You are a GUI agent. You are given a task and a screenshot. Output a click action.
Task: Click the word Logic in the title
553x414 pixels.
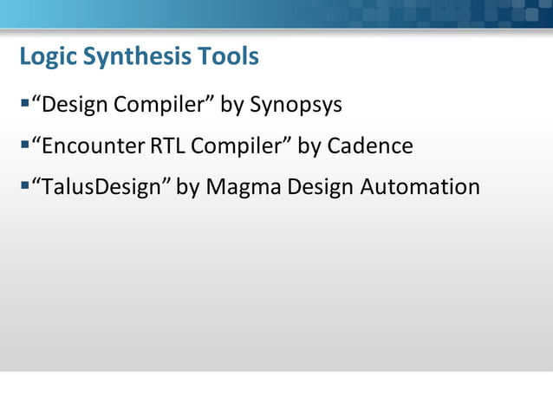pyautogui.click(x=49, y=57)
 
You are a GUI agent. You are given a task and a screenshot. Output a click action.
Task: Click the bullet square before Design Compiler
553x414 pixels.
pyautogui.click(x=23, y=104)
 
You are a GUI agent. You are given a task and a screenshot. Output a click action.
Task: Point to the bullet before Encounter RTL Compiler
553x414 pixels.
pyautogui.click(x=23, y=145)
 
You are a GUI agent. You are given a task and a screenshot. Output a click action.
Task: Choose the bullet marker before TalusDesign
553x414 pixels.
pyautogui.click(x=23, y=185)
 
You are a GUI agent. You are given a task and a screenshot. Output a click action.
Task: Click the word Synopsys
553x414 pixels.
pyautogui.click(x=296, y=106)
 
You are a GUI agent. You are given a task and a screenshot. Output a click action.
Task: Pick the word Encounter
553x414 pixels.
pyautogui.click(x=93, y=146)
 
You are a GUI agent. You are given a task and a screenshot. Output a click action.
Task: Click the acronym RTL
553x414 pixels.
pyautogui.click(x=167, y=146)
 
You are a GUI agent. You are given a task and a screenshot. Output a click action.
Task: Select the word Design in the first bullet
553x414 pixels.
pyautogui.click(x=75, y=106)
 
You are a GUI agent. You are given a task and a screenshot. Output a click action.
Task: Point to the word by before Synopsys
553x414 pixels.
pyautogui.click(x=231, y=106)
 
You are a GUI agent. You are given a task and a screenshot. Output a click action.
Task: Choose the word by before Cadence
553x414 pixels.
pyautogui.click(x=309, y=146)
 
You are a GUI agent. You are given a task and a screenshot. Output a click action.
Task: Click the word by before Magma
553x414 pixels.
pyautogui.click(x=188, y=186)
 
